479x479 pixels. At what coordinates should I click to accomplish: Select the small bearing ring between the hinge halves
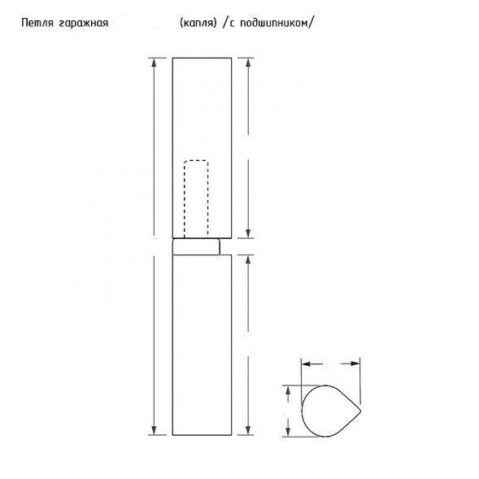point(196,246)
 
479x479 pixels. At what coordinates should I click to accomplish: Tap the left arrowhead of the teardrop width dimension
point(305,364)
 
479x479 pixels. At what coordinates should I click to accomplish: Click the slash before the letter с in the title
point(224,22)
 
